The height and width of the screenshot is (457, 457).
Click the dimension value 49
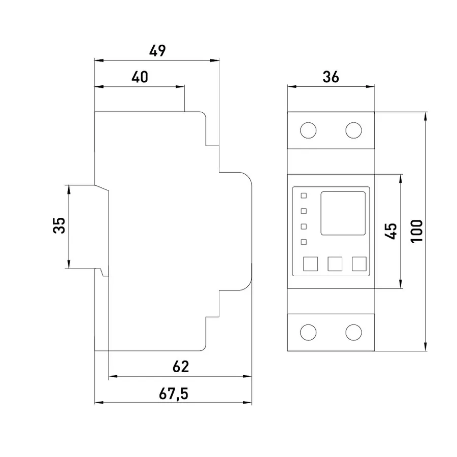pyautogui.click(x=157, y=51)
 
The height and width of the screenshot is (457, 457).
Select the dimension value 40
pyautogui.click(x=140, y=77)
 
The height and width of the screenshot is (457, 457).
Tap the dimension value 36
pyautogui.click(x=331, y=77)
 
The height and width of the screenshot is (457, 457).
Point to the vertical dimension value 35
pyautogui.click(x=59, y=225)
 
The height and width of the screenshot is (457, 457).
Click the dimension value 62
pyautogui.click(x=181, y=367)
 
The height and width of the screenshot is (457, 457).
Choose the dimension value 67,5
pyautogui.click(x=174, y=394)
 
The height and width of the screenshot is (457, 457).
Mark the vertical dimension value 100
pyautogui.click(x=417, y=231)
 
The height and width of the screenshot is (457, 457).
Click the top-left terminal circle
pyautogui.click(x=308, y=130)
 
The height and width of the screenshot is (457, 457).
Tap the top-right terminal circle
pyautogui.click(x=353, y=130)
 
